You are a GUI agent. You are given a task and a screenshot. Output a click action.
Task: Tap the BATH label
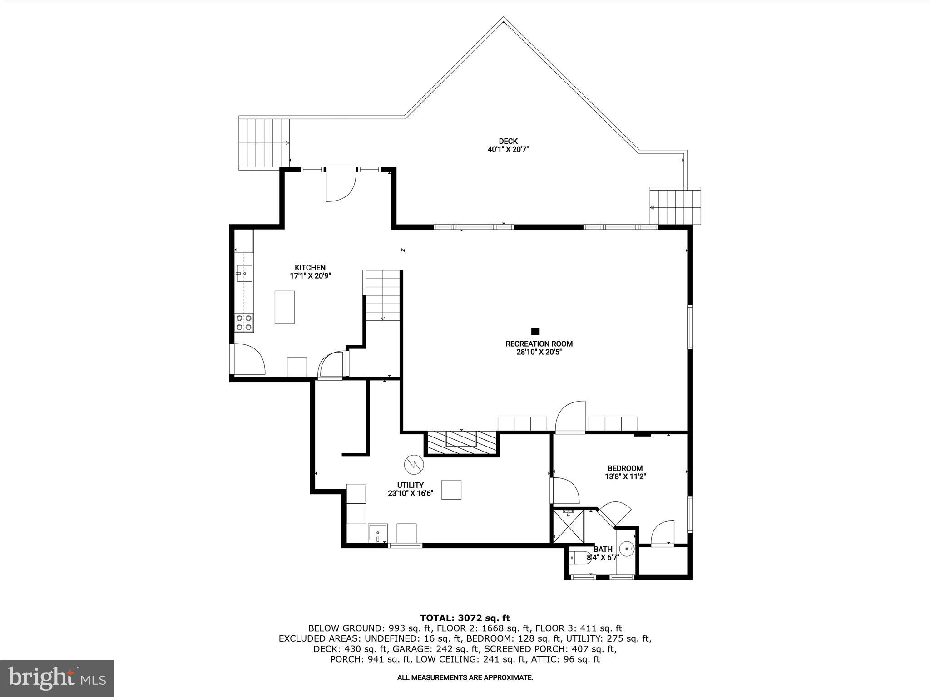pyautogui.click(x=603, y=550)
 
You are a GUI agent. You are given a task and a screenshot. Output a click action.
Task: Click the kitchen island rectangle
pyautogui.click(x=285, y=307)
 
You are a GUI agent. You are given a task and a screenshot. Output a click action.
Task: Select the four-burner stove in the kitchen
pyautogui.click(x=244, y=323)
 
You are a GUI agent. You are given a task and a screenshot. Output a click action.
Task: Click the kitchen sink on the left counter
pyautogui.click(x=244, y=274)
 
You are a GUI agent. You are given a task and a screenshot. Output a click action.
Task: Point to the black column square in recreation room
pyautogui.click(x=535, y=331)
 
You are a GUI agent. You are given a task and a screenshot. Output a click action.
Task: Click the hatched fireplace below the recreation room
pyautogui.click(x=461, y=442)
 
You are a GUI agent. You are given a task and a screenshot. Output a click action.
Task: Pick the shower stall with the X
pyautogui.click(x=568, y=526)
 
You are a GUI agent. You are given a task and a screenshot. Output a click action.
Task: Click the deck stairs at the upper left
pyautogui.click(x=264, y=143)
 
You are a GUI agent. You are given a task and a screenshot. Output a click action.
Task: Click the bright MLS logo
pyautogui.click(x=57, y=678)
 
